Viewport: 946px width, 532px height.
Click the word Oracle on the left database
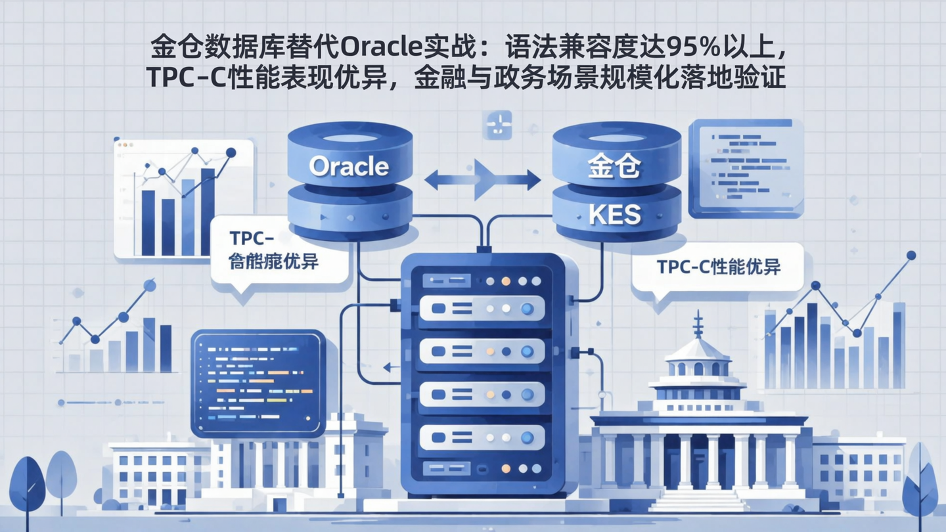pyautogui.click(x=349, y=166)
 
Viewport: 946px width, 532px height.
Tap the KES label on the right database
pyautogui.click(x=614, y=214)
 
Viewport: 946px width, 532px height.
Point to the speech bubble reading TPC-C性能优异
pyautogui.click(x=717, y=267)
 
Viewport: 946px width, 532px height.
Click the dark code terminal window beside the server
pyautogui.click(x=258, y=382)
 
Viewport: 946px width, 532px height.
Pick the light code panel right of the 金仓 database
pyautogui.click(x=746, y=167)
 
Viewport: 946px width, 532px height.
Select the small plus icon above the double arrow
pyautogui.click(x=497, y=125)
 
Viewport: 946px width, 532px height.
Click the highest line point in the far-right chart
pyautogui.click(x=911, y=255)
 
